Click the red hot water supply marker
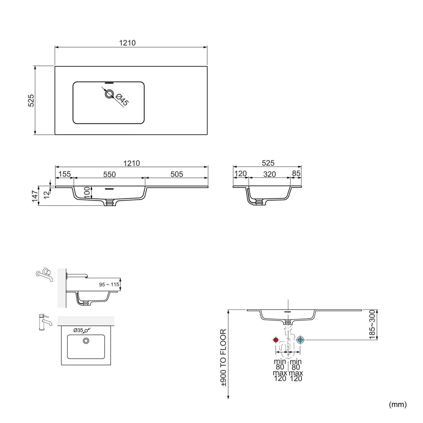tap(276, 340)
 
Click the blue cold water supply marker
tap(300, 340)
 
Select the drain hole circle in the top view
tap(109, 94)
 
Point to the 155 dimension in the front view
tap(65, 174)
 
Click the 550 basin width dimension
tap(109, 174)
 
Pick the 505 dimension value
tap(177, 174)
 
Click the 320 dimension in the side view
tap(270, 174)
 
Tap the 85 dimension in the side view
tap(296, 173)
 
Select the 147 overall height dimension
tap(35, 196)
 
